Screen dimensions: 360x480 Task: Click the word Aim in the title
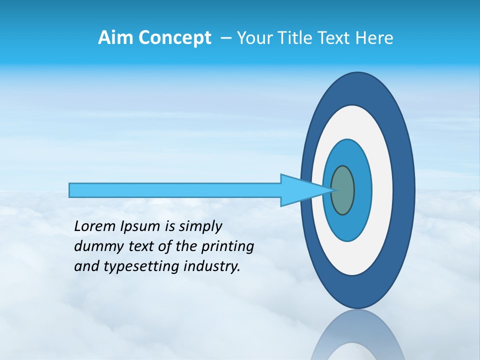coord(114,38)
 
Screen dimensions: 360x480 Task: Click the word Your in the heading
coord(254,38)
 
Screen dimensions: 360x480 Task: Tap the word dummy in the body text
coord(95,246)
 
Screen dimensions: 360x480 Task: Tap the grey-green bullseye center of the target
coord(343,190)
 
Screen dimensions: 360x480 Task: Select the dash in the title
coord(226,38)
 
